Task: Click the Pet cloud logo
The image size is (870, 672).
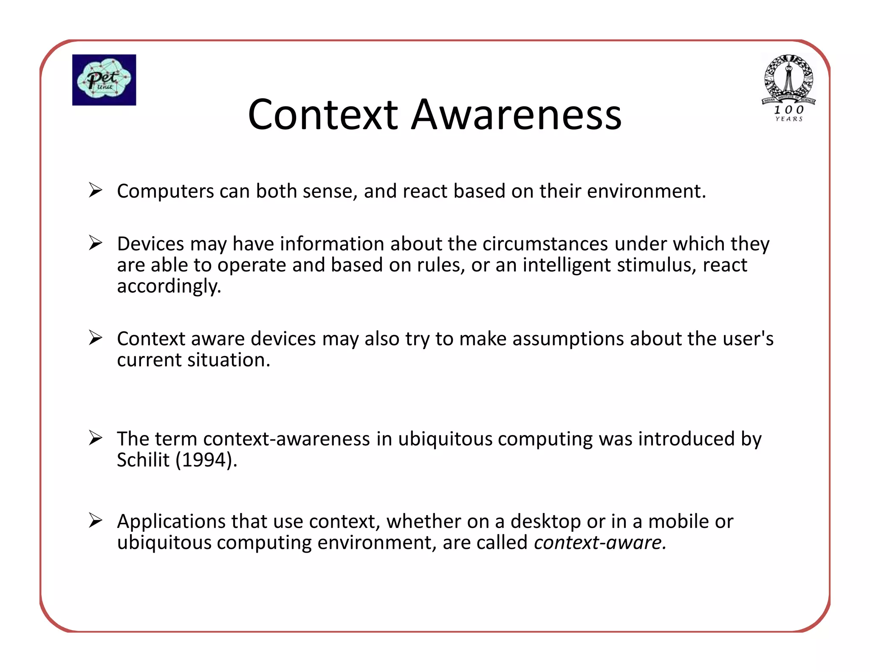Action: (x=104, y=80)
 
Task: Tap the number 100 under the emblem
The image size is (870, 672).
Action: (x=789, y=110)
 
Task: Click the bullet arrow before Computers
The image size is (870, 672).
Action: (x=96, y=190)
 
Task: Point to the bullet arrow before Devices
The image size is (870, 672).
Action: (x=96, y=243)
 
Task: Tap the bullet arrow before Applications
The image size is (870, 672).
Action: (x=96, y=520)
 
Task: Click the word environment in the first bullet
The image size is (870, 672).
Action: (x=646, y=191)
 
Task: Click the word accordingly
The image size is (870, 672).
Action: (x=169, y=286)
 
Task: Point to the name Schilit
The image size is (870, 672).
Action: (x=143, y=460)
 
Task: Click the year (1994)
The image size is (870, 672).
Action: (x=206, y=460)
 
